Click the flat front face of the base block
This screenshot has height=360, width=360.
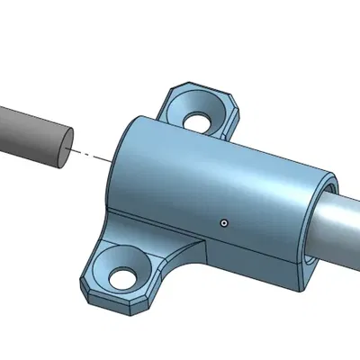pos(252,261)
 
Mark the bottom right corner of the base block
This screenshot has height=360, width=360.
pos(300,290)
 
